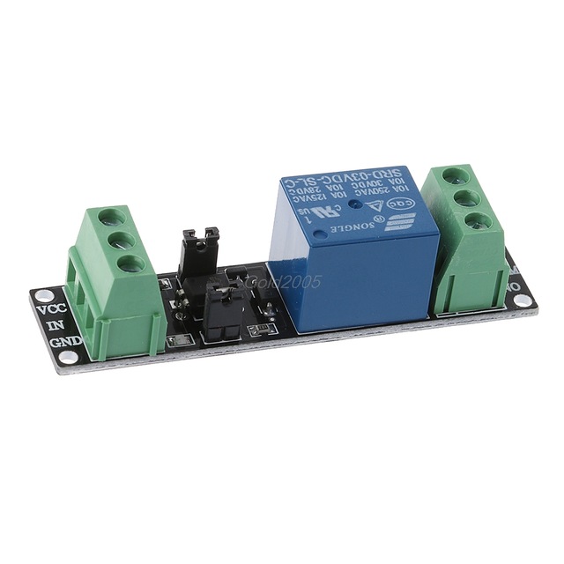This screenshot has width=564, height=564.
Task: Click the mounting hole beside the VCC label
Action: pyautogui.click(x=40, y=294)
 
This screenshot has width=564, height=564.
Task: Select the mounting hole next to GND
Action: pyautogui.click(x=64, y=356)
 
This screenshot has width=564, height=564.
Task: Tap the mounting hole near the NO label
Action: pyautogui.click(x=523, y=301)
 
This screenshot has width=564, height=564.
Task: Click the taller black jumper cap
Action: pyautogui.click(x=199, y=254)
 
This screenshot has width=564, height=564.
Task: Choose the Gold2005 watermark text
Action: pyautogui.click(x=285, y=282)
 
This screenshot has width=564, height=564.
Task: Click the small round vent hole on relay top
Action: pyautogui.click(x=350, y=205)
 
